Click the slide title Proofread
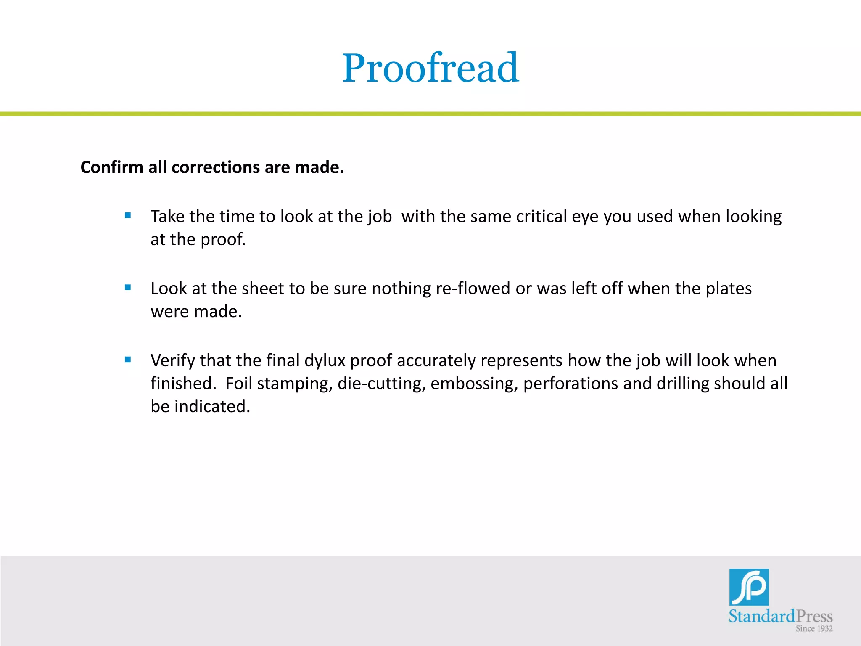(430, 68)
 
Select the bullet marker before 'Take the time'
(128, 216)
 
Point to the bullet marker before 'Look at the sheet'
(128, 288)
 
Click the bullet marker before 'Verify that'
(128, 360)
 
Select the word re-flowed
(473, 289)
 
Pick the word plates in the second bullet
(728, 289)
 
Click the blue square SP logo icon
(749, 587)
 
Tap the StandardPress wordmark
(780, 617)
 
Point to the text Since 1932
(814, 629)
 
